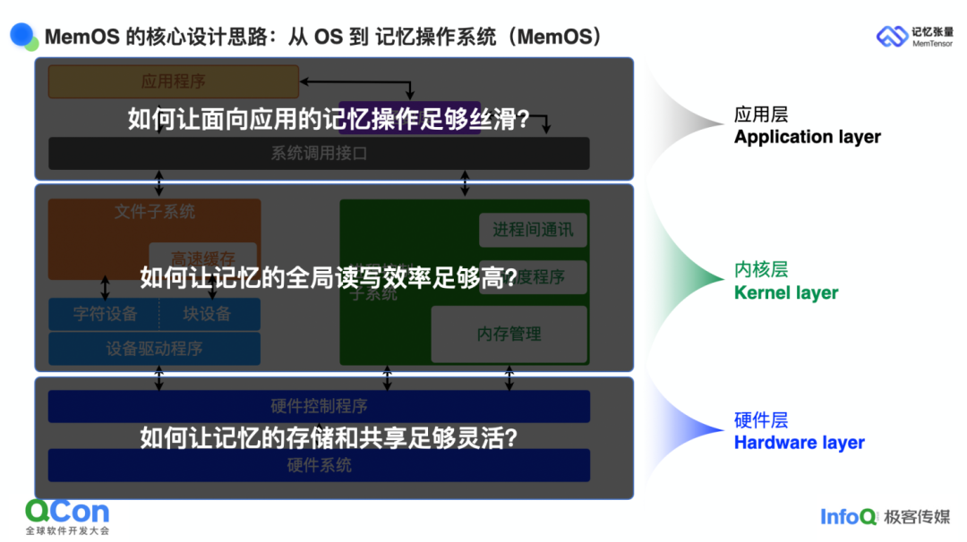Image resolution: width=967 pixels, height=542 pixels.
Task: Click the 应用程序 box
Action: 173,81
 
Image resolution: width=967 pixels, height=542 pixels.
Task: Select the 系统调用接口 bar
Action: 319,153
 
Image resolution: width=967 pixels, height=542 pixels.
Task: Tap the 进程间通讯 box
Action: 533,230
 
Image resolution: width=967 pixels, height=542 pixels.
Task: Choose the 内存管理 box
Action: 509,334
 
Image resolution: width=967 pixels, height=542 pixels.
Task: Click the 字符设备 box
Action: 105,314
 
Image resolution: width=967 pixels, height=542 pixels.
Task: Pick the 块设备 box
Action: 208,314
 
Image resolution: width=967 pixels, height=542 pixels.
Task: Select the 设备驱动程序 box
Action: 154,349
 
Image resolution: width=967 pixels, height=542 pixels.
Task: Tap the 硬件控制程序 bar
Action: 319,406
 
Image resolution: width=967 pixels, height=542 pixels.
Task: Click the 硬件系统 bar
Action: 319,465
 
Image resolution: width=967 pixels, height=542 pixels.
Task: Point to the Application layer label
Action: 807,137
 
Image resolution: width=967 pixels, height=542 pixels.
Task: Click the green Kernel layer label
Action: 786,292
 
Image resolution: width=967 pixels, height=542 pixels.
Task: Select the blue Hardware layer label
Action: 799,443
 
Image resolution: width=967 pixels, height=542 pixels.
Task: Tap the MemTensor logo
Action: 913,37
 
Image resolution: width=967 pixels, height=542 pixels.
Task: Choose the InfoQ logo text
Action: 848,516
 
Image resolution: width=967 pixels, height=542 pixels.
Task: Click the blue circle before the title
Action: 23,36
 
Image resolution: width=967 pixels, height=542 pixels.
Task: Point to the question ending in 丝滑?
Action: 328,119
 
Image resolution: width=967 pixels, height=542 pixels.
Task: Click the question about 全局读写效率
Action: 328,278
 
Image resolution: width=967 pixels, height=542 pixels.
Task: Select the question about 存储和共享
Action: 328,437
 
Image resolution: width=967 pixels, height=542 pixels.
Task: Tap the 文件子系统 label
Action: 155,212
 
